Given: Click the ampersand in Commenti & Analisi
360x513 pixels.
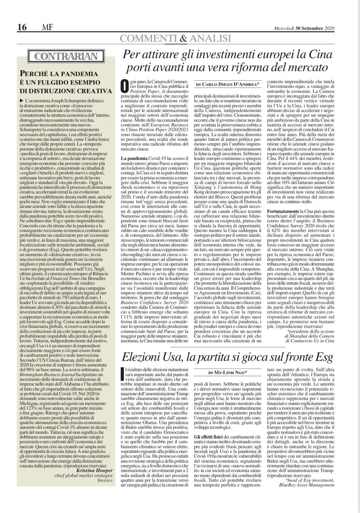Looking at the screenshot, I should tap(183, 38).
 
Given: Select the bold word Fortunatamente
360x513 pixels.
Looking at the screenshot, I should tap(283, 211).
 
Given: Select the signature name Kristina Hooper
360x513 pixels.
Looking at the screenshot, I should tap(95, 470).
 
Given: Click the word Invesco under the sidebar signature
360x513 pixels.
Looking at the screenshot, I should tap(104, 480).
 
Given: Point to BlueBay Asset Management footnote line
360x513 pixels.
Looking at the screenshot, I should tap(306, 485).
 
